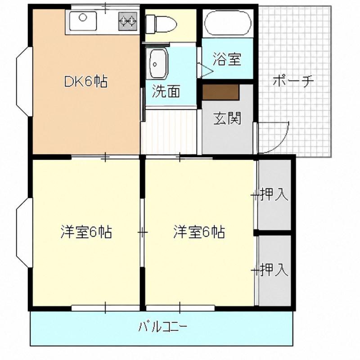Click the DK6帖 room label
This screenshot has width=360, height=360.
tap(85, 81)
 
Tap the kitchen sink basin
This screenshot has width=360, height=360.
tap(83, 21)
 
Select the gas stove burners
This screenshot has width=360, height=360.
tap(128, 21)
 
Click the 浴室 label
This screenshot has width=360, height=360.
tap(227, 59)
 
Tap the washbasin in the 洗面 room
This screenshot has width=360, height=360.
tap(159, 63)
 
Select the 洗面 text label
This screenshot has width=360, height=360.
tap(166, 91)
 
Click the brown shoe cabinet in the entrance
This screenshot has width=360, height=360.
tap(221, 92)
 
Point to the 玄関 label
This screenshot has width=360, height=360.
tap(227, 118)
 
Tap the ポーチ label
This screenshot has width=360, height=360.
tap(293, 81)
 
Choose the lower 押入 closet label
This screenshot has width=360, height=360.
tap(274, 270)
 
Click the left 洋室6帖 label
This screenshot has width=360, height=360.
tap(86, 232)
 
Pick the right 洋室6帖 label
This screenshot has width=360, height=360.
tap(199, 232)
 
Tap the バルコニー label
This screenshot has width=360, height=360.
tap(162, 327)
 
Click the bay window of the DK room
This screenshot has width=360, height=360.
tap(24, 81)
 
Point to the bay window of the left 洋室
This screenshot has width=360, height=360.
tap(24, 232)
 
